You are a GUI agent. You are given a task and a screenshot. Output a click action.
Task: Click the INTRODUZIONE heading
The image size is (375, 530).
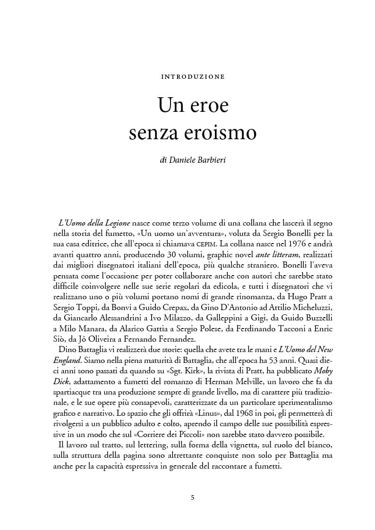click(x=193, y=76)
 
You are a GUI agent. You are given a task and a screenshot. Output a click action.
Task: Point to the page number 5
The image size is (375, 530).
click(x=192, y=497)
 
